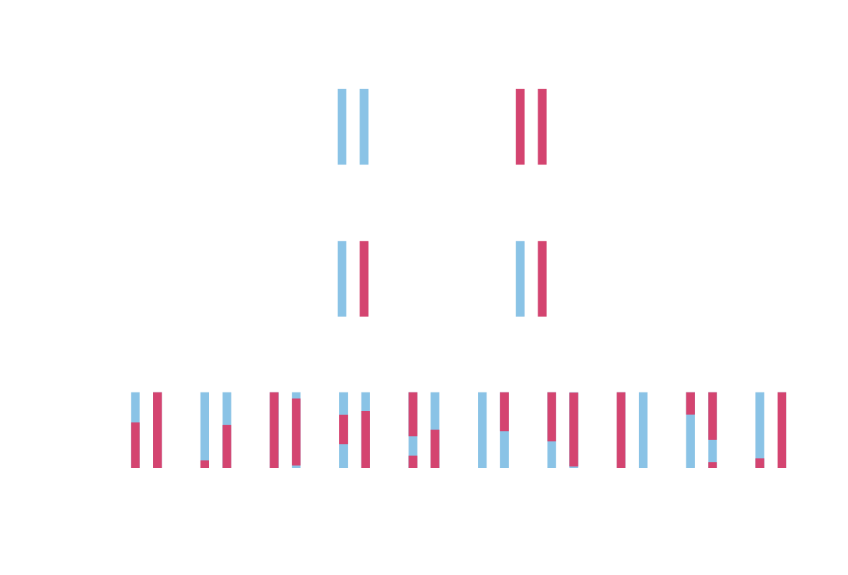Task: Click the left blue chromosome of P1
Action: (x=341, y=126)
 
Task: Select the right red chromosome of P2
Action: (x=542, y=126)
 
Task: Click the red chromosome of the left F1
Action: (x=364, y=279)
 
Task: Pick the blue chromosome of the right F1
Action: (x=520, y=279)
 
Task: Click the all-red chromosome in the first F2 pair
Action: (x=157, y=430)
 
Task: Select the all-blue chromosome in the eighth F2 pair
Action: (x=643, y=430)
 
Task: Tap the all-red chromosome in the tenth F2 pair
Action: (x=782, y=430)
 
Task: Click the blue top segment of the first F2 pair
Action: (x=135, y=407)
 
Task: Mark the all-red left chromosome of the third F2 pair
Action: (x=274, y=430)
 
